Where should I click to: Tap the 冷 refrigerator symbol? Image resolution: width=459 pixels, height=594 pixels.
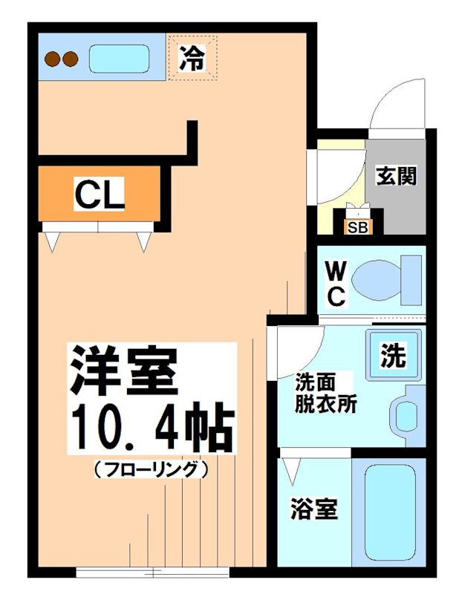click(x=192, y=57)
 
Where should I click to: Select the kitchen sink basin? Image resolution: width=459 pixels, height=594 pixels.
click(x=120, y=58)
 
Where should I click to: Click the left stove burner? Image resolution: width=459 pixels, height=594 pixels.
click(x=53, y=58)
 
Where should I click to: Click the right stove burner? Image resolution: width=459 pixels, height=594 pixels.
click(x=69, y=58)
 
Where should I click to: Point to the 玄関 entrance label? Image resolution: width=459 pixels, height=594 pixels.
click(x=396, y=177)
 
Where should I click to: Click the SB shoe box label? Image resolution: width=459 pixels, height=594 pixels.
click(x=357, y=227)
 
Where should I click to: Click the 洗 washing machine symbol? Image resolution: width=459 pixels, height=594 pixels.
click(x=393, y=356)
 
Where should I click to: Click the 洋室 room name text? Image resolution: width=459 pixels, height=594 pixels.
click(x=123, y=371)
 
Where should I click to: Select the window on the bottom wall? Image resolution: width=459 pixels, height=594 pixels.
click(x=153, y=572)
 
